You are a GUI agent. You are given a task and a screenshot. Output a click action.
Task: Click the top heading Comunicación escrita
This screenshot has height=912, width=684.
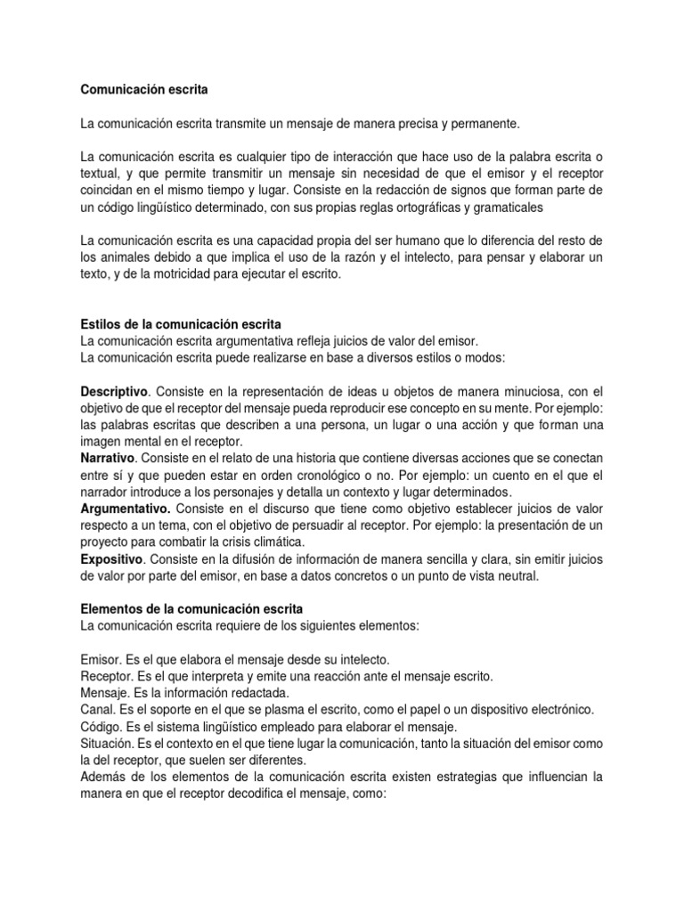147,89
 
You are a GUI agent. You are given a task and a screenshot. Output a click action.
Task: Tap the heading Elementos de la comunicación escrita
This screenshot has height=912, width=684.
191,608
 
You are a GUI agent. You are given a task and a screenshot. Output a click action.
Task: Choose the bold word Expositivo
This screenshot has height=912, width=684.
111,558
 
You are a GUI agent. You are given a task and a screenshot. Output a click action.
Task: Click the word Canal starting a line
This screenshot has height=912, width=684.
96,708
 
